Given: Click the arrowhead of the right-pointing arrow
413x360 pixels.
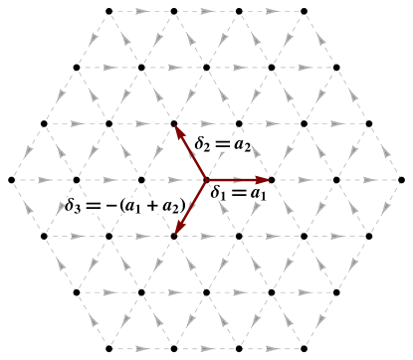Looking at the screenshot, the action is click(x=264, y=180).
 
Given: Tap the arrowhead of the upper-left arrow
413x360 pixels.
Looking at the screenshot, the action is click(x=179, y=130).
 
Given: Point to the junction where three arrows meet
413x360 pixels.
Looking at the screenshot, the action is click(x=207, y=180).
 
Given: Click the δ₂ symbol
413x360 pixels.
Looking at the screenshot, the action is click(x=202, y=144).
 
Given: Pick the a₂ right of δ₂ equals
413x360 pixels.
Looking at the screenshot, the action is click(x=242, y=145).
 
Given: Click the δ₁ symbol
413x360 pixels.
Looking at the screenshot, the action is click(x=217, y=193).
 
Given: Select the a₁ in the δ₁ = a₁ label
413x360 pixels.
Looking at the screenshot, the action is click(x=257, y=194).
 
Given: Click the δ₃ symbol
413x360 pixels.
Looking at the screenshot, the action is click(x=73, y=206).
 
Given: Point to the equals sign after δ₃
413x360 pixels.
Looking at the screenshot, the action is click(x=93, y=206).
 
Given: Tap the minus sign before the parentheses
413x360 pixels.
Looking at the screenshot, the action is click(x=110, y=206).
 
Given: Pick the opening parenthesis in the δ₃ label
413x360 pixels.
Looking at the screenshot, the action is click(x=120, y=206).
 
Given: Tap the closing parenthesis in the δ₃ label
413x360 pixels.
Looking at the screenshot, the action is click(x=182, y=206).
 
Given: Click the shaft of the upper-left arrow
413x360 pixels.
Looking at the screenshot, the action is click(x=193, y=155).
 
